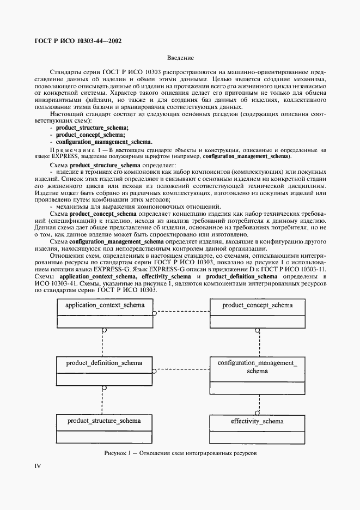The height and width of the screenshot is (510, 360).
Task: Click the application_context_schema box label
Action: click(105, 305)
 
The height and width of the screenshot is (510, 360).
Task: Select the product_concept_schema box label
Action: click(257, 305)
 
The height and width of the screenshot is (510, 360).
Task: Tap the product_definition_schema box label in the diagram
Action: click(104, 362)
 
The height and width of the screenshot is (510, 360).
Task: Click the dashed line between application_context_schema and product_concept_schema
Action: click(182, 313)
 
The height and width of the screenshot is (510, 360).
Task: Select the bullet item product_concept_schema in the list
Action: click(91, 135)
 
